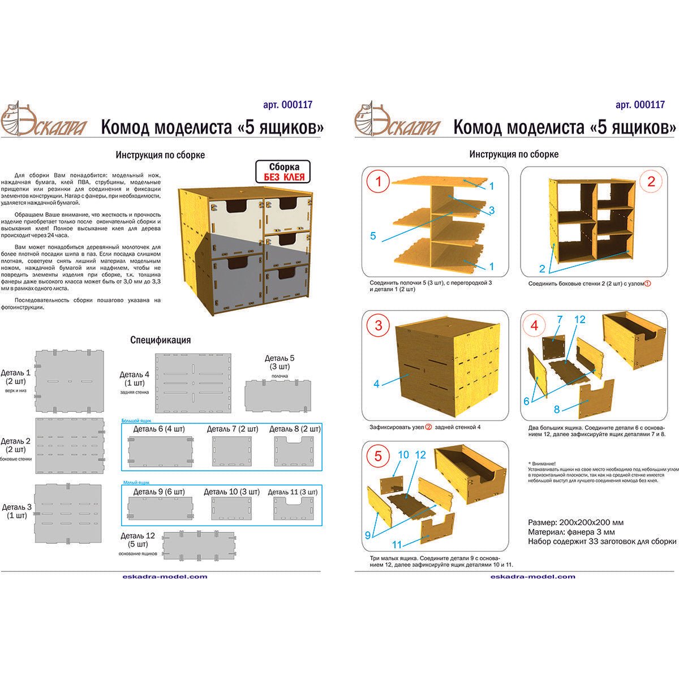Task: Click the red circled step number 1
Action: (379, 182)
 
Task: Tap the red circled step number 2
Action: (651, 182)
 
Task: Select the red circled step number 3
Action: (379, 325)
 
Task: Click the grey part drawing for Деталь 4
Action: (194, 383)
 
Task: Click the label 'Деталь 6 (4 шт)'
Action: (160, 429)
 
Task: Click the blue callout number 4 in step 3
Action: (376, 384)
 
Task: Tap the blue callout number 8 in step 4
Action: (557, 409)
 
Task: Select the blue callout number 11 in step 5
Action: (397, 545)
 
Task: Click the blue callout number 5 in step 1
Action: (373, 236)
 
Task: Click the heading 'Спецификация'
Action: (160, 340)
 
